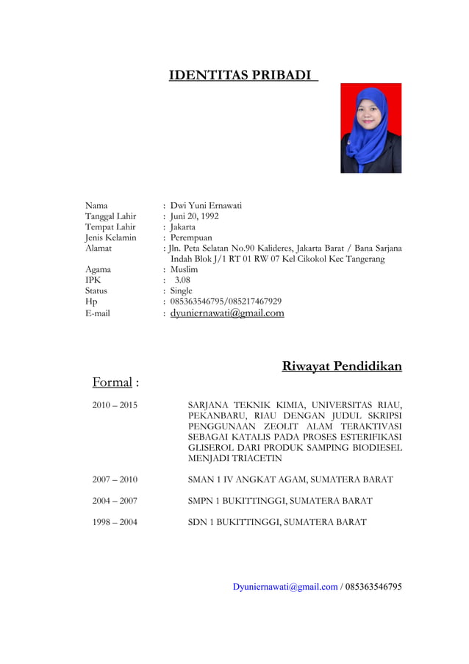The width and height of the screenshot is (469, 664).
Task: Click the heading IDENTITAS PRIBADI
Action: click(x=243, y=76)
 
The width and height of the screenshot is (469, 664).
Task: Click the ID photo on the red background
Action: click(x=370, y=128)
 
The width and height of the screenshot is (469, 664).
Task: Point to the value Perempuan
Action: click(x=191, y=238)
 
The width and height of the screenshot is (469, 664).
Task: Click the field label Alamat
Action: click(x=99, y=249)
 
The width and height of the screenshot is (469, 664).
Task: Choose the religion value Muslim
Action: click(x=184, y=270)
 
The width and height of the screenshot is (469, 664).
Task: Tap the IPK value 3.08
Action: click(x=182, y=280)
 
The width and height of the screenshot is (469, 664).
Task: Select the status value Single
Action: click(x=181, y=291)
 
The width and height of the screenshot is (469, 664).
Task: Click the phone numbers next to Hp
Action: click(x=226, y=301)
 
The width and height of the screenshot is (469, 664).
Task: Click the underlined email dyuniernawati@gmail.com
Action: click(x=227, y=313)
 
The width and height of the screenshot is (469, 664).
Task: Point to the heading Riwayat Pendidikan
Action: click(x=342, y=366)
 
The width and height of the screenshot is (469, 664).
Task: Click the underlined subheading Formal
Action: click(x=112, y=382)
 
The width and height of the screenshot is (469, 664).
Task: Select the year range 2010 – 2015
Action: click(x=115, y=405)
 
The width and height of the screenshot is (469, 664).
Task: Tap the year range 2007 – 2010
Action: click(x=115, y=479)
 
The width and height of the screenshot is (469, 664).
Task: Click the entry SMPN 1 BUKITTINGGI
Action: click(x=280, y=501)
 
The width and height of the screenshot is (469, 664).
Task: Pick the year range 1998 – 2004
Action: click(x=115, y=522)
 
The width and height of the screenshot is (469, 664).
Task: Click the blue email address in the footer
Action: click(x=285, y=587)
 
